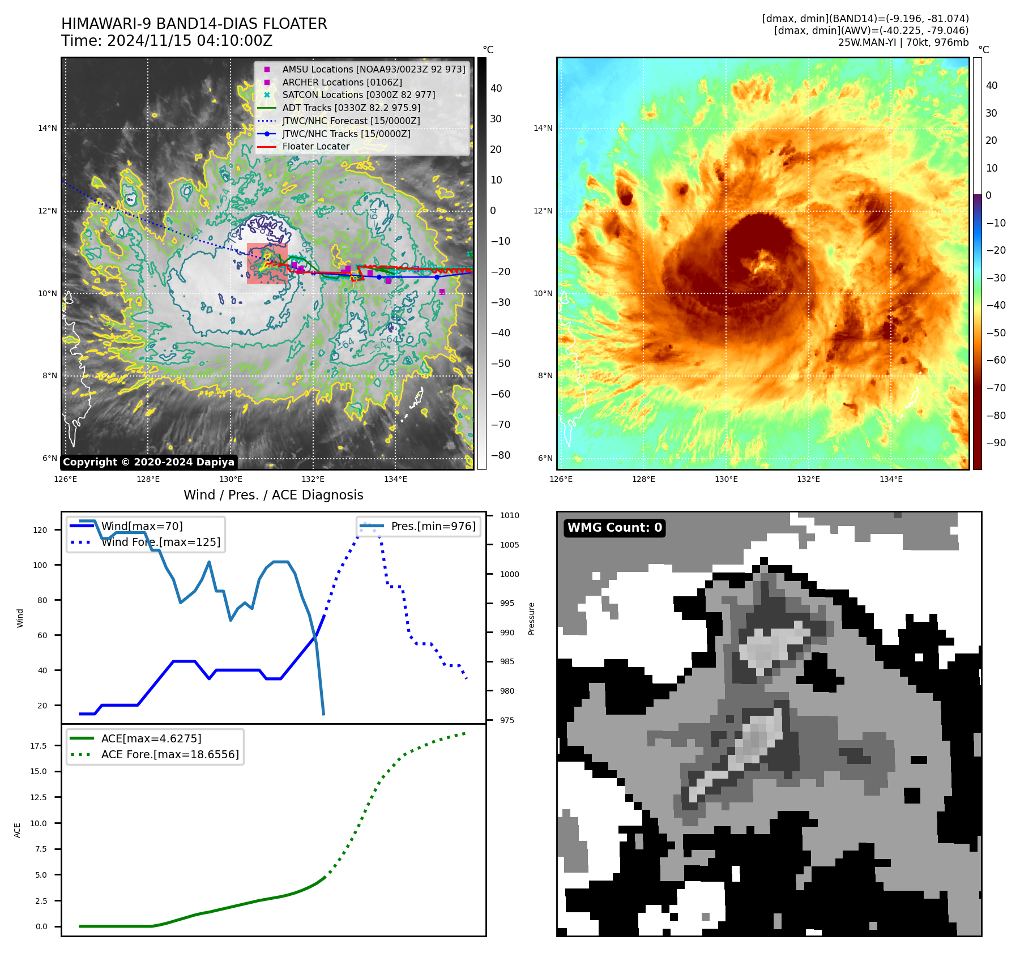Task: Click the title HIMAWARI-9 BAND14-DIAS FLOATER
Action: click(194, 24)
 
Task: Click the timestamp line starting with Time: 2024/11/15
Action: click(167, 41)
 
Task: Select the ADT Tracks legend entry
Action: click(351, 108)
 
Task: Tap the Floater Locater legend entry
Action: click(315, 146)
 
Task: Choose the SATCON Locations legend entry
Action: click(359, 95)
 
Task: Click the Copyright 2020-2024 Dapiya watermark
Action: click(148, 462)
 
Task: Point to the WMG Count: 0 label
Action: click(614, 528)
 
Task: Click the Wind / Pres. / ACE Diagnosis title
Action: click(273, 495)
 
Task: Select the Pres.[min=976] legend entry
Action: click(433, 526)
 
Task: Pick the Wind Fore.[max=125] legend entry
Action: click(161, 542)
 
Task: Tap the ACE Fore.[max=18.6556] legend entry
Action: click(170, 754)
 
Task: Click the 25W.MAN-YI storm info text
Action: click(903, 42)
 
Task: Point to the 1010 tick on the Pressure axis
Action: click(509, 515)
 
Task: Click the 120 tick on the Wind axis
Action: click(40, 530)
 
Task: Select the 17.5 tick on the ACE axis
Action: click(39, 746)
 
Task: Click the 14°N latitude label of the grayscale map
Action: click(48, 129)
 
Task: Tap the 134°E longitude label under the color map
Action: click(891, 479)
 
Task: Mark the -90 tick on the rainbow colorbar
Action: click(996, 443)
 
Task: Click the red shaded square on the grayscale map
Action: click(267, 263)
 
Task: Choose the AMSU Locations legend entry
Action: click(373, 69)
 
